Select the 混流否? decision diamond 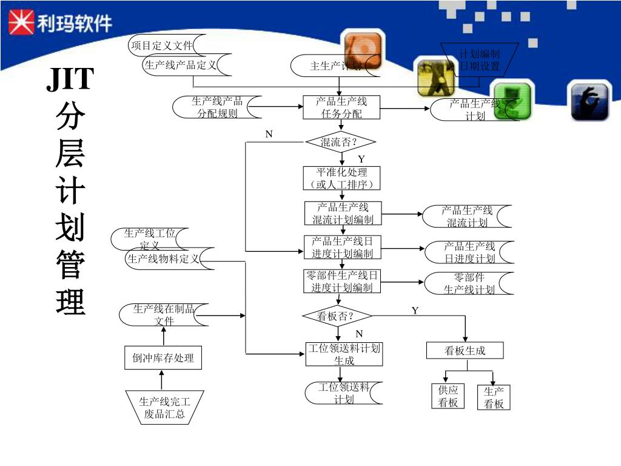tap(340, 143)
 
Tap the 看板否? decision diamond tap(337, 316)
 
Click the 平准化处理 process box tap(342, 178)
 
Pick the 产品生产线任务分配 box tap(341, 107)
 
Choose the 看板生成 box tap(465, 351)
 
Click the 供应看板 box tap(448, 396)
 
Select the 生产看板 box tap(494, 397)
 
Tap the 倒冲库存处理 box tap(163, 358)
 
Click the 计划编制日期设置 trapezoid tap(479, 59)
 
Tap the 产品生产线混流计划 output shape tap(468, 217)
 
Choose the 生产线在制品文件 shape tap(164, 314)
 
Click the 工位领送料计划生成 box tap(344, 354)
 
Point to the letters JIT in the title tap(70, 79)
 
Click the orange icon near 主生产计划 tap(363, 51)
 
